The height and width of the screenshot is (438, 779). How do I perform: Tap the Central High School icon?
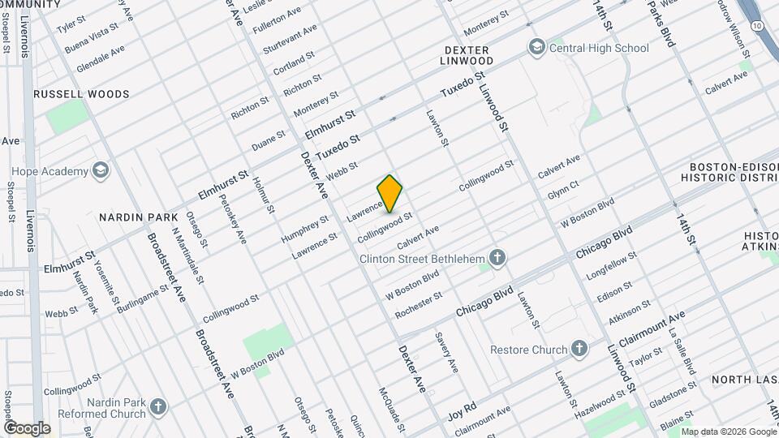536,48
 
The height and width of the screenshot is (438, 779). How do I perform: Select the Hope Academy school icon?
100,171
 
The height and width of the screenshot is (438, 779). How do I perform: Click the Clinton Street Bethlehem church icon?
497,259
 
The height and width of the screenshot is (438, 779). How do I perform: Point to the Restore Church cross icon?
579,350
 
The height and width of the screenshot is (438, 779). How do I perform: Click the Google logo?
27,428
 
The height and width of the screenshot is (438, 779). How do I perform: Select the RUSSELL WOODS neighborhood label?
81,94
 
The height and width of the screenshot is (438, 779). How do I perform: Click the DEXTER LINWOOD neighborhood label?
467,55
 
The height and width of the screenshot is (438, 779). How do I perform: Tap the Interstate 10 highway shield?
756,27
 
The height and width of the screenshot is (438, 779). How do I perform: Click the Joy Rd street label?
462,415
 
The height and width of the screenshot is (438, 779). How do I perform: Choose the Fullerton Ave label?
277,15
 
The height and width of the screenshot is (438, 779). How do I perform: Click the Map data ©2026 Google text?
728,431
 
